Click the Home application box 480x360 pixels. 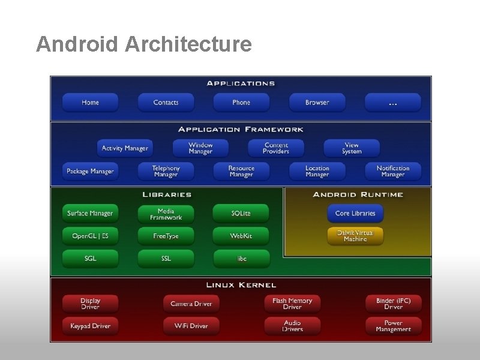(90, 103)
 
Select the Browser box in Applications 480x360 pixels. (317, 103)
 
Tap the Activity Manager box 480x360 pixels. (124, 148)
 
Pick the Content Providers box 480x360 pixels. (276, 148)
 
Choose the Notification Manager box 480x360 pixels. (393, 172)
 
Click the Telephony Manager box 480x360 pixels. (166, 172)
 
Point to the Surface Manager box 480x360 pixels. (90, 214)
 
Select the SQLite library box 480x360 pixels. (241, 214)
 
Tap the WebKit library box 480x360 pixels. (241, 236)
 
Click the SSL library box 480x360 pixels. (166, 259)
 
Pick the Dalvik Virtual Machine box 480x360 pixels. (355, 236)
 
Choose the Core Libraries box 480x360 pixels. (355, 214)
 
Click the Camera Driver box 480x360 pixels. (191, 304)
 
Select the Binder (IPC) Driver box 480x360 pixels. (393, 304)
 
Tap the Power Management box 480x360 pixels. (393, 326)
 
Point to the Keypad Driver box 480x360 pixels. (90, 326)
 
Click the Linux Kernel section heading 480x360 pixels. (241, 285)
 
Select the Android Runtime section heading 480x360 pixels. (358, 194)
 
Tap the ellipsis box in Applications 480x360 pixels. (392, 103)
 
